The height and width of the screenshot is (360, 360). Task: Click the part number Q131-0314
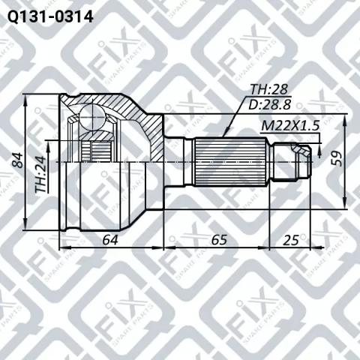(x=50, y=17)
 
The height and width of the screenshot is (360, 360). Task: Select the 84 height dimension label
(x=18, y=160)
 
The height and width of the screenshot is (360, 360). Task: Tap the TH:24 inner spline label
(x=40, y=175)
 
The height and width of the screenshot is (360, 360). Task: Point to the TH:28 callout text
(x=269, y=89)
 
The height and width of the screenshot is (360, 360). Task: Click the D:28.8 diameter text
(x=270, y=104)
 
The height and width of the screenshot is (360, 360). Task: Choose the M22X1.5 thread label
(x=290, y=126)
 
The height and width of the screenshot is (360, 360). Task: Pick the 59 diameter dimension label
(x=337, y=158)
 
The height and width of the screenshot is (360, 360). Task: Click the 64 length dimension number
(x=110, y=240)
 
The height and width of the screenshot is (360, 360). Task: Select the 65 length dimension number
(x=219, y=240)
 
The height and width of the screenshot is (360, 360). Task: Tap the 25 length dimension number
(x=291, y=240)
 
